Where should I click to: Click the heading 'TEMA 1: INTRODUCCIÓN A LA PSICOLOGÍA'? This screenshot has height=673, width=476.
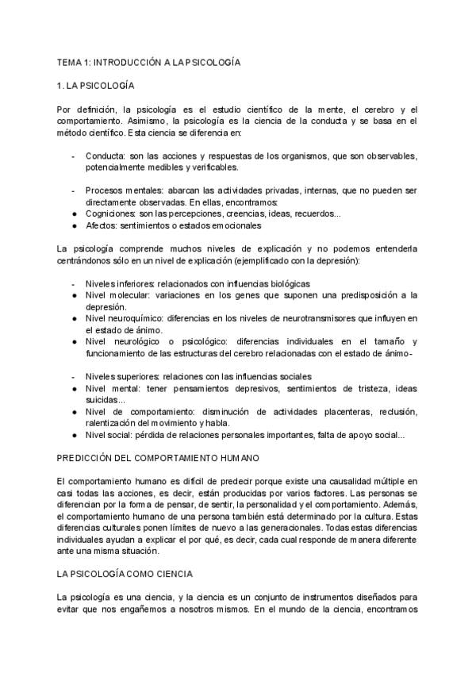[x=148, y=60]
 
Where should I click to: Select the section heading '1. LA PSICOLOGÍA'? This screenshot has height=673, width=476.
[x=96, y=84]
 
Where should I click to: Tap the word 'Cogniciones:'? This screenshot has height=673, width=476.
[x=110, y=213]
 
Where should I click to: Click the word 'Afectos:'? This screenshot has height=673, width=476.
[x=101, y=225]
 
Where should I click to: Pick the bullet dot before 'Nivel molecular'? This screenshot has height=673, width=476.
[x=74, y=295]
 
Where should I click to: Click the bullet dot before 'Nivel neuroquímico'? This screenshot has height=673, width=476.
[x=74, y=318]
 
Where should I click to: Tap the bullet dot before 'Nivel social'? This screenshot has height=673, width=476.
[x=74, y=435]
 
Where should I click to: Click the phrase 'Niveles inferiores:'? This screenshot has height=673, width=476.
[x=120, y=283]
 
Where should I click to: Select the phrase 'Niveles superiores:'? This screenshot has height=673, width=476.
[x=123, y=376]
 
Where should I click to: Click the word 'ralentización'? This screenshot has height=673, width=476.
[x=118, y=423]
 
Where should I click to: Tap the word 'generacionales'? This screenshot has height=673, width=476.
[x=313, y=527]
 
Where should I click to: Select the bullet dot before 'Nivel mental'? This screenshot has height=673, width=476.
[x=74, y=388]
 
